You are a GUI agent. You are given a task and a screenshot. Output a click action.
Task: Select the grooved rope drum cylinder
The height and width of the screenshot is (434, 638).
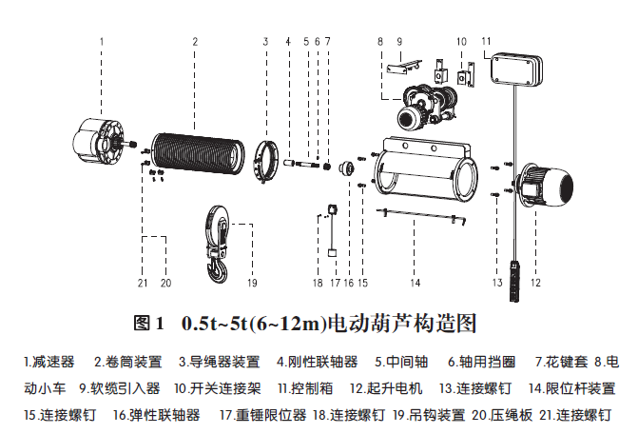(x=198, y=153)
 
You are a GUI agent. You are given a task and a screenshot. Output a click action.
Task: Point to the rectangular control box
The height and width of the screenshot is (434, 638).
(x=516, y=69)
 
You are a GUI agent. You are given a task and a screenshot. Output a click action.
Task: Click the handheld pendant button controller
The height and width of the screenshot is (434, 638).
(x=515, y=281)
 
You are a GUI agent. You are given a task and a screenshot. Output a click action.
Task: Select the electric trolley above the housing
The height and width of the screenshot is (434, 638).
(x=427, y=106)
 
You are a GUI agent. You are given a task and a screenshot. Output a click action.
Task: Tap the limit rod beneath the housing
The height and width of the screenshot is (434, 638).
(x=421, y=216)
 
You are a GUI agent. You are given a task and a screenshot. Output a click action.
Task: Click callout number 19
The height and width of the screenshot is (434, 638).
(x=252, y=283)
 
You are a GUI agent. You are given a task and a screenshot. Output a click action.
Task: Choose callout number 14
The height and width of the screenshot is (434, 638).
(x=415, y=283)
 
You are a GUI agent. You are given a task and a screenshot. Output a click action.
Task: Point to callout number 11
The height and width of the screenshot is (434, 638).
(x=486, y=41)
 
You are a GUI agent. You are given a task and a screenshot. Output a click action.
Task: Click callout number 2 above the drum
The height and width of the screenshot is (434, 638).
(x=195, y=42)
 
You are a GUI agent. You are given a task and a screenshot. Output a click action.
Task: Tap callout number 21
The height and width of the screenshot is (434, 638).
(x=143, y=283)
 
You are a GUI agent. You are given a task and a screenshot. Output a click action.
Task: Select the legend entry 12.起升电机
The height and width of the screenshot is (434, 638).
(x=386, y=388)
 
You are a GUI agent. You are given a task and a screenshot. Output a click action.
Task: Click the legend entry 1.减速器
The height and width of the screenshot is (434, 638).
(x=49, y=362)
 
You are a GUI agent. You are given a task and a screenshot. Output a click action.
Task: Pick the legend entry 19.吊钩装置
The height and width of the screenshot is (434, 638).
(x=429, y=415)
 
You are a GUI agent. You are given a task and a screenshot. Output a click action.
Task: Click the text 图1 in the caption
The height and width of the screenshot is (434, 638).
(x=149, y=324)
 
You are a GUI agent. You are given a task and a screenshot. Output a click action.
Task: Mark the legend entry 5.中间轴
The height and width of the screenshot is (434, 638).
(x=401, y=362)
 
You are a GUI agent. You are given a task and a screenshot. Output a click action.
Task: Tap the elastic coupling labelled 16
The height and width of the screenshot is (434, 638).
(x=347, y=168)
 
